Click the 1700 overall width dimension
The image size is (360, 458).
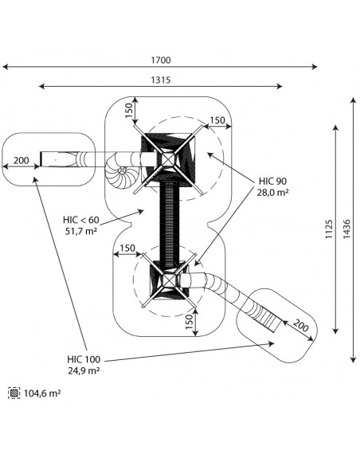point(161,61)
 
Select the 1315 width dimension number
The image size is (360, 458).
point(161,80)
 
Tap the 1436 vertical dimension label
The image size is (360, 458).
point(346,229)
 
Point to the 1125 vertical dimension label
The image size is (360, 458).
point(329,229)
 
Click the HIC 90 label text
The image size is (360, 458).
point(272,181)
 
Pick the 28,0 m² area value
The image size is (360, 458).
point(272,193)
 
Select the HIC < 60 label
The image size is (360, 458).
point(81,220)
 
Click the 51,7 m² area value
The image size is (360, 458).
point(81,231)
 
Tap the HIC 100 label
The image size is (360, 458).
point(84,359)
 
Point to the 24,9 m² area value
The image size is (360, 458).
point(84,370)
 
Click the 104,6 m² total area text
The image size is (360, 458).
point(42,393)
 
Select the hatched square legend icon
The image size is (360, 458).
point(14,393)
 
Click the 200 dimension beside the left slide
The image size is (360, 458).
point(22,160)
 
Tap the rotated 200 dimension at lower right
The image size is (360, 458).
point(301,326)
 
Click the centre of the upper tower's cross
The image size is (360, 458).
point(168,160)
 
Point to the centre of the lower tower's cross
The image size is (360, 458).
point(169,280)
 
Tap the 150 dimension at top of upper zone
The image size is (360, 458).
point(129,110)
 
